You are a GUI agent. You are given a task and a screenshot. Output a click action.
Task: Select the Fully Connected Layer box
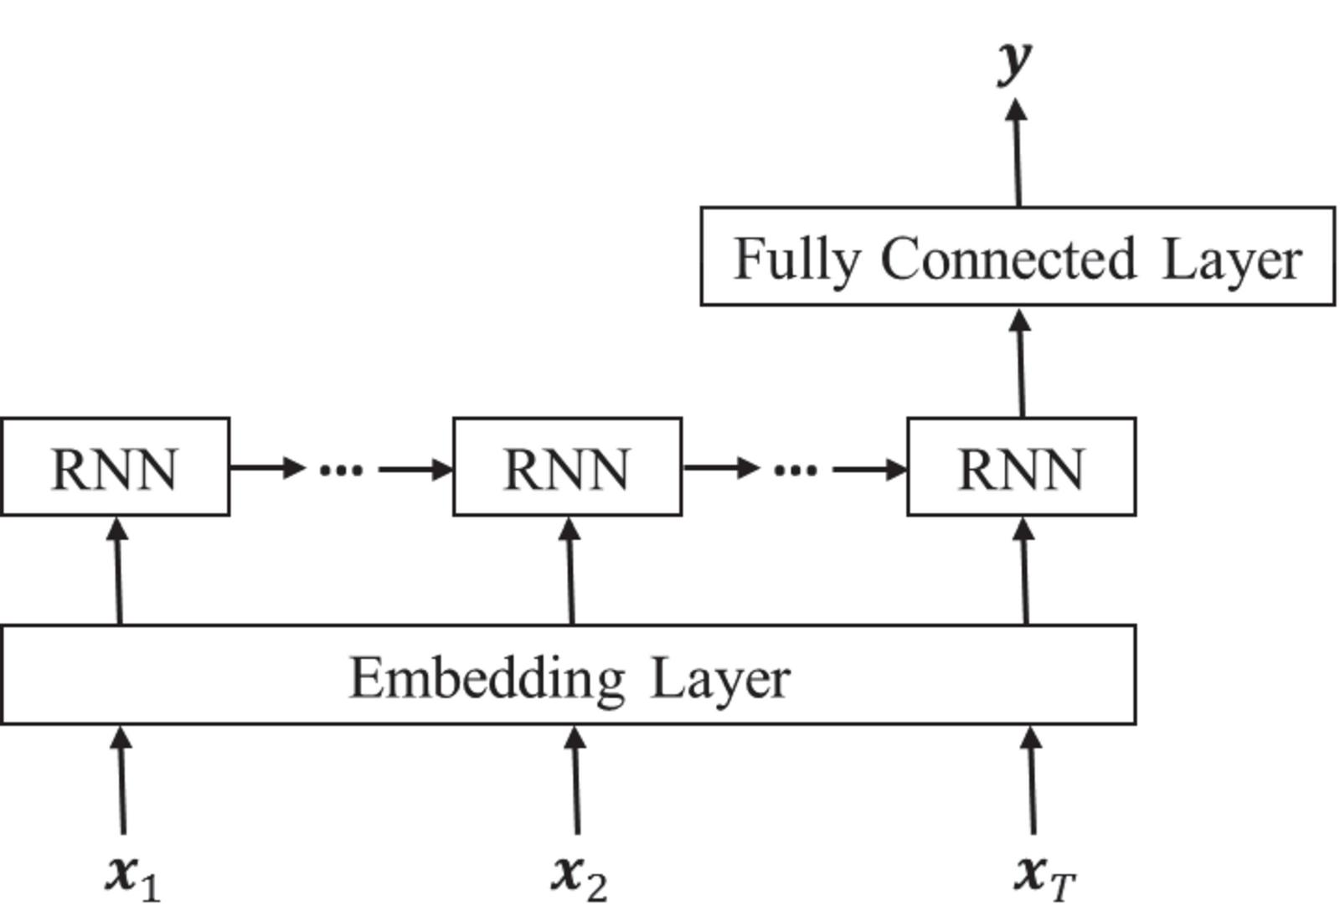point(1017,255)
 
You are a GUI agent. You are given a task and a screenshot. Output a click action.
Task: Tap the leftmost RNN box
point(115,467)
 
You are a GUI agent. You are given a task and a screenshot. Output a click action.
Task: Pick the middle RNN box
point(567,467)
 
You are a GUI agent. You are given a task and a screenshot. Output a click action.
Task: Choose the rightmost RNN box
point(1021,467)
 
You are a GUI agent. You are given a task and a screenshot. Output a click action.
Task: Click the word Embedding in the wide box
point(487,677)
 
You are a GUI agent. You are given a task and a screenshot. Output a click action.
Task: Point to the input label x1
point(131,877)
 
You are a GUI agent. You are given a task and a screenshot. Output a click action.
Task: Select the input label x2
point(579,877)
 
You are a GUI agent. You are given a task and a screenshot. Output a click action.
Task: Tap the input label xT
point(1044,877)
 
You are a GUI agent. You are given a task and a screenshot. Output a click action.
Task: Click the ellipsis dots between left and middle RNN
point(342,470)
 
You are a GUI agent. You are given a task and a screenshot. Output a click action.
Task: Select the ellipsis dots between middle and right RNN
point(796,470)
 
